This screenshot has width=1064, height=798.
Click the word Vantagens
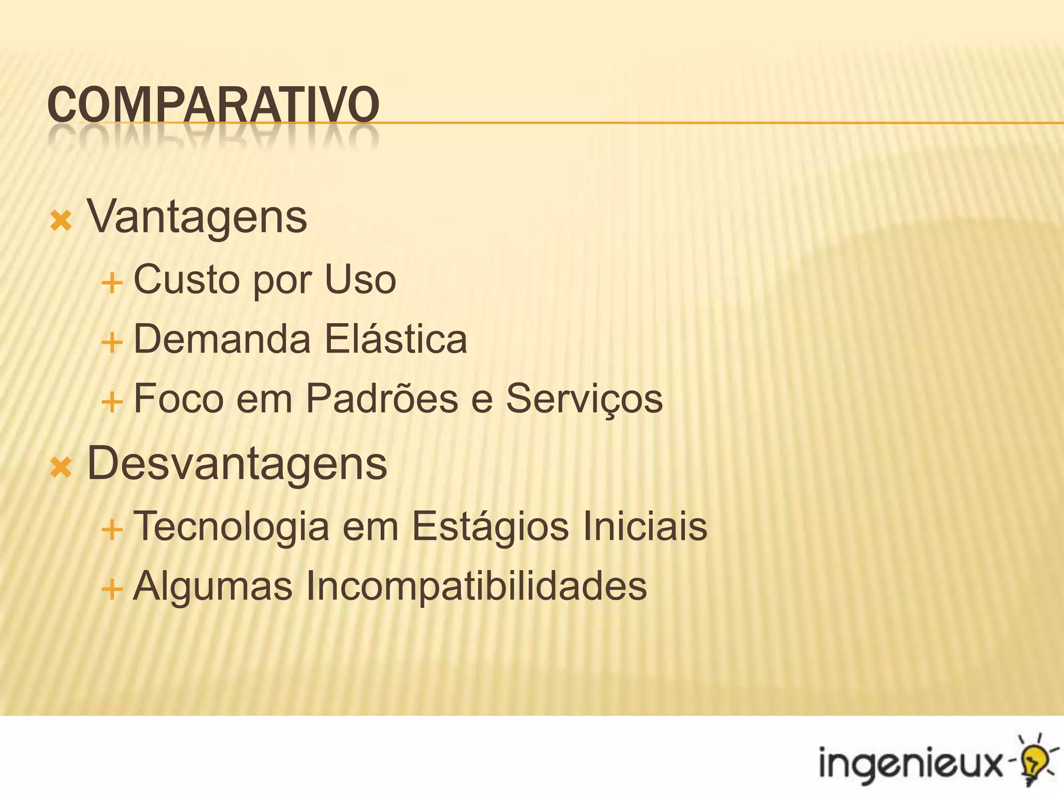click(x=197, y=217)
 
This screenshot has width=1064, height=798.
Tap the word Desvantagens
click(x=237, y=463)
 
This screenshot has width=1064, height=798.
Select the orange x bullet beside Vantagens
click(x=61, y=221)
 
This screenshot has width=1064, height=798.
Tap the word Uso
click(x=360, y=280)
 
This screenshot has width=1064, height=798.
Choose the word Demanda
click(x=222, y=339)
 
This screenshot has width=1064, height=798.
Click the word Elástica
click(x=396, y=339)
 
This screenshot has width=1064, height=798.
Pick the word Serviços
click(x=584, y=399)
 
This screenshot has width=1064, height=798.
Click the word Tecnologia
click(x=231, y=527)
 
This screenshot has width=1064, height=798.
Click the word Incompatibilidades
click(x=476, y=586)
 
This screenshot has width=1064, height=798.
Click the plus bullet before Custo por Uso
click(x=112, y=284)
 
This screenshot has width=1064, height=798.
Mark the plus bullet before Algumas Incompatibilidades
click(x=112, y=590)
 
